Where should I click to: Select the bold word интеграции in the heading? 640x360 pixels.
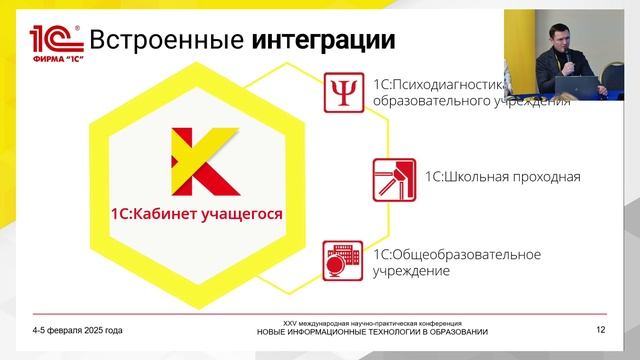[322, 41]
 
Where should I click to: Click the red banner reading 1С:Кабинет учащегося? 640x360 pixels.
[196, 213]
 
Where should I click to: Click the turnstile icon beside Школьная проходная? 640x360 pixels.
[393, 178]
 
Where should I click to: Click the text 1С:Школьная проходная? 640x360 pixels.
[502, 178]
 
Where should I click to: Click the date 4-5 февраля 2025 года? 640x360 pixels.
[77, 330]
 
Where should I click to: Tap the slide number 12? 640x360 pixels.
[600, 330]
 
